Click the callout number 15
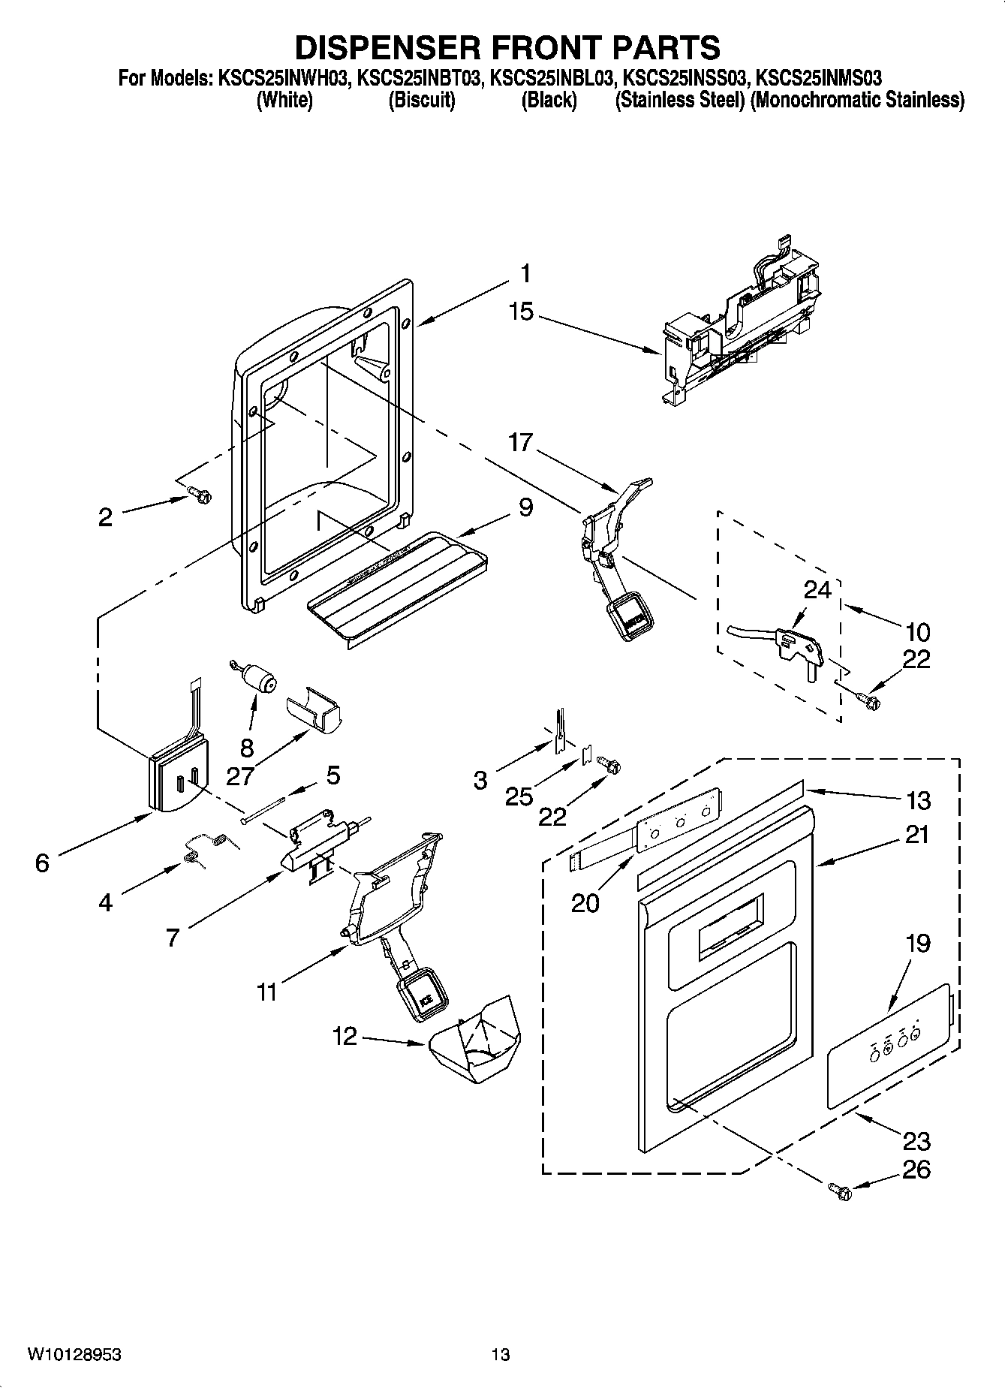click(x=521, y=312)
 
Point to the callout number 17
click(x=520, y=443)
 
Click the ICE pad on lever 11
click(x=425, y=996)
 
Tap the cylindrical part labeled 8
click(x=260, y=680)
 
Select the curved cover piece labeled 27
click(x=313, y=710)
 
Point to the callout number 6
click(x=42, y=863)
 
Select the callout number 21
click(x=916, y=835)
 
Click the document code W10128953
click(x=75, y=1354)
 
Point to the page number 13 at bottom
click(x=501, y=1354)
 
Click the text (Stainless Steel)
click(x=679, y=100)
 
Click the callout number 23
click(x=916, y=1142)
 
